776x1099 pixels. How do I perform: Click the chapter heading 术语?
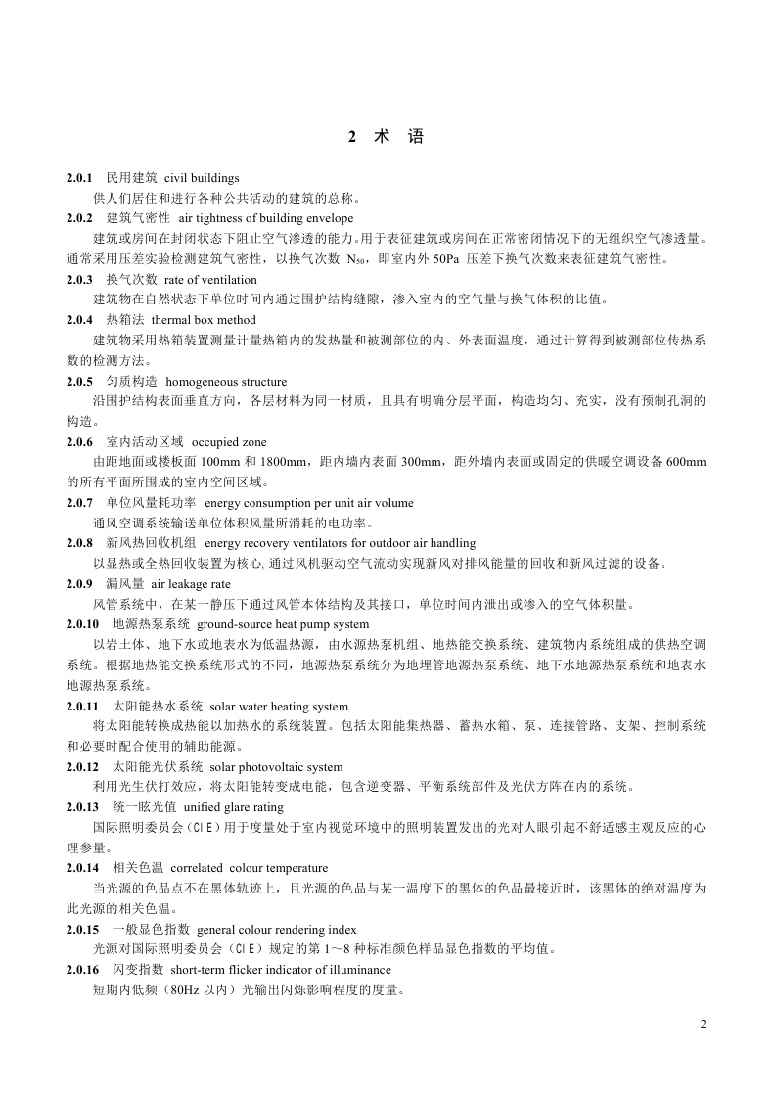pos(387,138)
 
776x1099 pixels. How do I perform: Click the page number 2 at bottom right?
pos(703,1024)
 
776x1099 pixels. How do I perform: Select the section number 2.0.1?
pos(79,178)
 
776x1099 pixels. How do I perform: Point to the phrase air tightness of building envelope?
pos(266,218)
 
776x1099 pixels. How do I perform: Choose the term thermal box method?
pos(204,320)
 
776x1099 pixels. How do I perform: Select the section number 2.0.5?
pos(79,381)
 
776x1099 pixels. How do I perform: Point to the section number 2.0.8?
pos(79,542)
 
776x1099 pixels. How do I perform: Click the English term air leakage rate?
pos(190,583)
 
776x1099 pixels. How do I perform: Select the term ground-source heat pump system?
pos(283,623)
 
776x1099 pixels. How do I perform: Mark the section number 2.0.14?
pos(83,868)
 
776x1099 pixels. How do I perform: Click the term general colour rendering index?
pos(276,929)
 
